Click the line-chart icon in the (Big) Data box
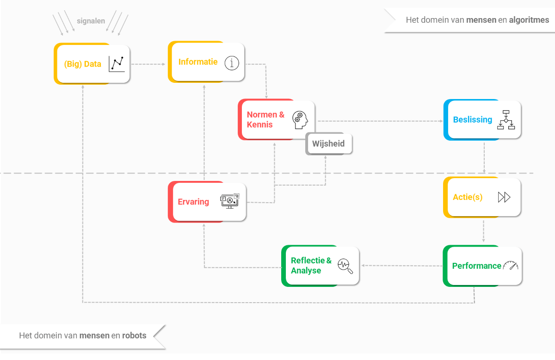(x=117, y=64)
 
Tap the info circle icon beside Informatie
(x=232, y=63)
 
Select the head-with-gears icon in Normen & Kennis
(x=299, y=119)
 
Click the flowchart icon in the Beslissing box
(x=506, y=120)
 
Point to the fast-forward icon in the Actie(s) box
(x=504, y=197)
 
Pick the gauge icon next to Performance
(x=511, y=266)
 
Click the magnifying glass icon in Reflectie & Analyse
(x=345, y=266)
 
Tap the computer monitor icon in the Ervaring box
(x=229, y=201)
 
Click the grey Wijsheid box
(x=328, y=143)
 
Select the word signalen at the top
(x=91, y=21)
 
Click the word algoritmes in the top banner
(x=529, y=20)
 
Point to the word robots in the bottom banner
(x=134, y=335)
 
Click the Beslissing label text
(x=472, y=119)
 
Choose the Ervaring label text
(x=193, y=202)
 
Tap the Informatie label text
(x=198, y=62)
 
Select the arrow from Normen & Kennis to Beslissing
(x=379, y=121)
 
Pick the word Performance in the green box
(x=476, y=266)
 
